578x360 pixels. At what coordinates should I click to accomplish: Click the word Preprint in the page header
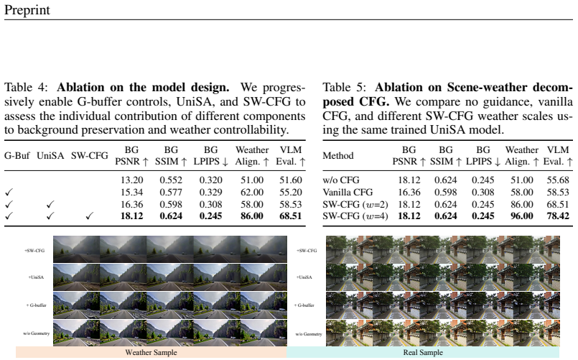pyautogui.click(x=27, y=10)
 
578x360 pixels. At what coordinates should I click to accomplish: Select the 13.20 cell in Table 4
pyautogui.click(x=131, y=180)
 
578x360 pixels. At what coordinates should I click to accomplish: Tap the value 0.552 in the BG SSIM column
pyautogui.click(x=171, y=180)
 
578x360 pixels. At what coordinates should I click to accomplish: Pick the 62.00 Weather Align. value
pyautogui.click(x=252, y=192)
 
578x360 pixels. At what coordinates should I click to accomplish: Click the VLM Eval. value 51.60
pyautogui.click(x=291, y=180)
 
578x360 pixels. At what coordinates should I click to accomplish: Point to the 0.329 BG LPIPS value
pyautogui.click(x=210, y=192)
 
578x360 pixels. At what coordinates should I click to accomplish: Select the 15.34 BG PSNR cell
pyautogui.click(x=131, y=192)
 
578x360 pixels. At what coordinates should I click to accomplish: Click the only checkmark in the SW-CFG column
pyautogui.click(x=89, y=216)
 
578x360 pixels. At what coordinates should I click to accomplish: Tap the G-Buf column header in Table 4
pyautogui.click(x=17, y=156)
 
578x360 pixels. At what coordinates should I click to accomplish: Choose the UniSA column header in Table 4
pyautogui.click(x=50, y=156)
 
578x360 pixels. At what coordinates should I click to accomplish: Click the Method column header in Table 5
pyautogui.click(x=337, y=156)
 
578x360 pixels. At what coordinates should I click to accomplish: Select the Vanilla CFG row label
pyautogui.click(x=348, y=192)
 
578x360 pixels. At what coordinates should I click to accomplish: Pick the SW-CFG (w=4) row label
pyautogui.click(x=355, y=216)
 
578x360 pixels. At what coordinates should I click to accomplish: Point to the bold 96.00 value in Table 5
pyautogui.click(x=521, y=216)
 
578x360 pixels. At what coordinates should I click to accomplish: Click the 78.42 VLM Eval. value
pyautogui.click(x=558, y=216)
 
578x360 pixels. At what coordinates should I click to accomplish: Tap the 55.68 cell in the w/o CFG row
pyautogui.click(x=558, y=180)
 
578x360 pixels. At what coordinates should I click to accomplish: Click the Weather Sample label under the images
pyautogui.click(x=151, y=352)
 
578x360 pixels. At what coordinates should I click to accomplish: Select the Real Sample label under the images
pyautogui.click(x=423, y=352)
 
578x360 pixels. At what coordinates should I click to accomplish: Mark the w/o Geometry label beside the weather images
pyautogui.click(x=36, y=333)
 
